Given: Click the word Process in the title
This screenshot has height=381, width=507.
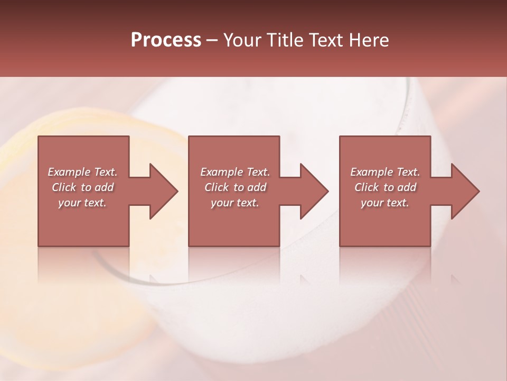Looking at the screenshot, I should [x=166, y=40].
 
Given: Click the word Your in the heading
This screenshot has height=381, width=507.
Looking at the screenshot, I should [x=243, y=40].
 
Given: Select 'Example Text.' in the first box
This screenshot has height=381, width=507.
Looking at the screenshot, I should [x=82, y=172].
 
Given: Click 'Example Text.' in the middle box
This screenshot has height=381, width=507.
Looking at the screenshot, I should [x=235, y=172].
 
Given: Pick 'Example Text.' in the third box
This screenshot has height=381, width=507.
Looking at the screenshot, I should [x=385, y=172].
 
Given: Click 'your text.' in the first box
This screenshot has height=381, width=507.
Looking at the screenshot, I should [x=82, y=203].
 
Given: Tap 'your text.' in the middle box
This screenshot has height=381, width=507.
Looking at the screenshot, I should [x=235, y=203].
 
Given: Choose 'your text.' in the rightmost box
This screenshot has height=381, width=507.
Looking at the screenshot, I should [x=385, y=203].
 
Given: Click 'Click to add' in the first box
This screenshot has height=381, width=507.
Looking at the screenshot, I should [x=82, y=187].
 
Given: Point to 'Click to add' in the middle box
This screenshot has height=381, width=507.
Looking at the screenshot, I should [x=235, y=187].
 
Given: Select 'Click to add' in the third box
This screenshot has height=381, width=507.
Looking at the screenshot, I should [x=385, y=187].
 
